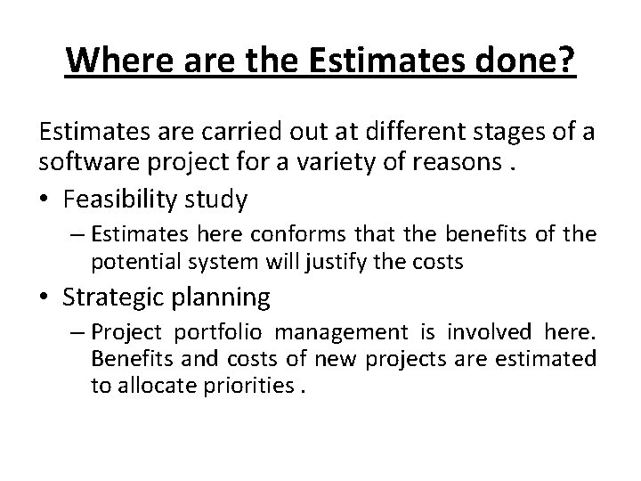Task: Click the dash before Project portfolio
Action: pos(77,332)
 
